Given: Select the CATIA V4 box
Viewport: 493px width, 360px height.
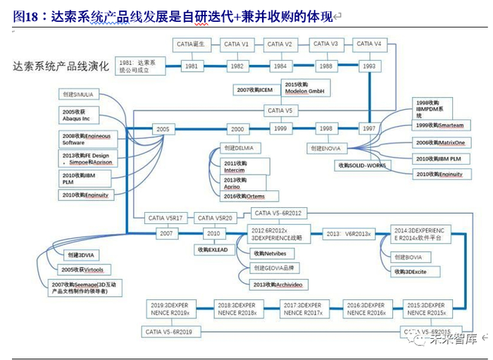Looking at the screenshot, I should (369, 44).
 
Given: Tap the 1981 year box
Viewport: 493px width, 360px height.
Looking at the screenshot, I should (191, 66).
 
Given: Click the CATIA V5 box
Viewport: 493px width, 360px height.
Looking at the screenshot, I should (280, 111).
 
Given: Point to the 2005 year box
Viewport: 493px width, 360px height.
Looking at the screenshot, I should (163, 130).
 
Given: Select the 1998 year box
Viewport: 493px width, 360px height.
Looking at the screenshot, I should (325, 129).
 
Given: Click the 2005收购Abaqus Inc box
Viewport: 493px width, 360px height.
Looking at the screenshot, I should (78, 115).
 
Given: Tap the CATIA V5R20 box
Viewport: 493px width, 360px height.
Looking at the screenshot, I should (215, 218).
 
